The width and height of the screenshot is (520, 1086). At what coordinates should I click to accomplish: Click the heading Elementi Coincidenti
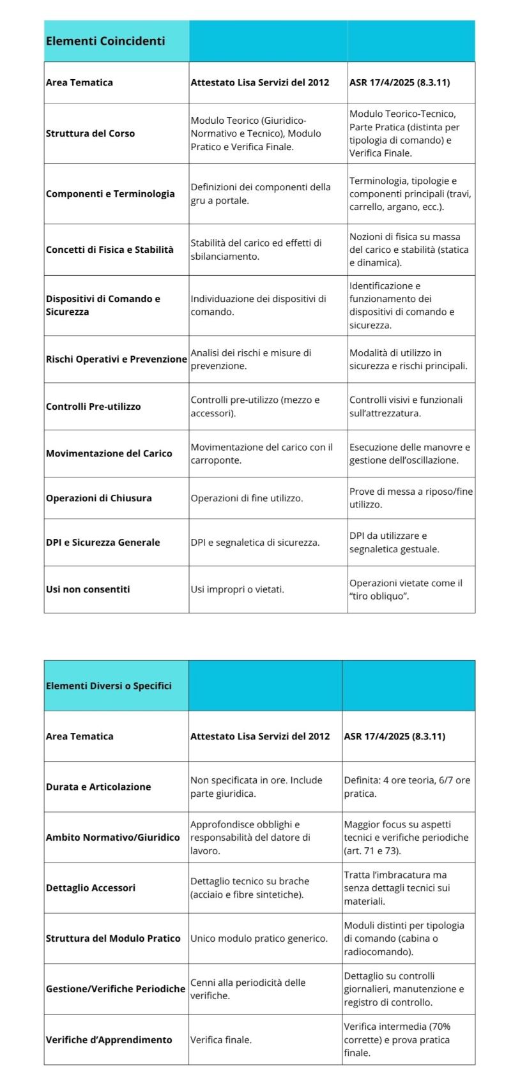tap(105, 41)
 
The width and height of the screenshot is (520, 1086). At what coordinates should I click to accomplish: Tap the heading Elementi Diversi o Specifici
tap(109, 686)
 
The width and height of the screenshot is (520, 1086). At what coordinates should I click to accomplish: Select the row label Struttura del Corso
tap(90, 133)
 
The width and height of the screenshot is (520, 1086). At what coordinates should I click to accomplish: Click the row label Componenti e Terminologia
tap(110, 193)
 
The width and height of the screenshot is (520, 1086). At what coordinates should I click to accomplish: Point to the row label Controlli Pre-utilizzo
tap(93, 406)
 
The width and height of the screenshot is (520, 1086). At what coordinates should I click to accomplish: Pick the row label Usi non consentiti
tap(88, 589)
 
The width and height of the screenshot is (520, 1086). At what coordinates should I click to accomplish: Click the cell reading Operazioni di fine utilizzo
tap(247, 498)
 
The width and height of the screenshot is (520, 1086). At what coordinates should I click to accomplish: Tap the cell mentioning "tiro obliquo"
tap(406, 589)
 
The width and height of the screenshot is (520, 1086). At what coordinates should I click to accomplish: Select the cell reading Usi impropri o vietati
tap(237, 589)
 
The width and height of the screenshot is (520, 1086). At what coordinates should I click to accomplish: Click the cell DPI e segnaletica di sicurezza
tap(255, 542)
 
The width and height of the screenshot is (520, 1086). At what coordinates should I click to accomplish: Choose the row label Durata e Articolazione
tap(98, 787)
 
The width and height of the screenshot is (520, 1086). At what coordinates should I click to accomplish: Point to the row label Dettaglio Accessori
tap(91, 887)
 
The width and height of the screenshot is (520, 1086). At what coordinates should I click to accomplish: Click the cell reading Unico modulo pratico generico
tap(259, 938)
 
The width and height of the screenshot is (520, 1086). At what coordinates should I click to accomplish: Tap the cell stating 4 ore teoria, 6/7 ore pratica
tap(407, 787)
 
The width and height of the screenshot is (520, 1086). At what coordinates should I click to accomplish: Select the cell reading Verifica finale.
tap(221, 1039)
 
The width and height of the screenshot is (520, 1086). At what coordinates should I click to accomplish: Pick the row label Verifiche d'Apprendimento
tap(109, 1039)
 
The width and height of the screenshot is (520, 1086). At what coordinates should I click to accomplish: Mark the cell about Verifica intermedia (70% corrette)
tap(401, 1039)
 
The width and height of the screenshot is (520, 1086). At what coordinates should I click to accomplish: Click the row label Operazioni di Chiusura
tap(98, 498)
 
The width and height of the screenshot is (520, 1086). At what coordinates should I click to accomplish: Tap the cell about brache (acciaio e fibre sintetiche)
tap(249, 887)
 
